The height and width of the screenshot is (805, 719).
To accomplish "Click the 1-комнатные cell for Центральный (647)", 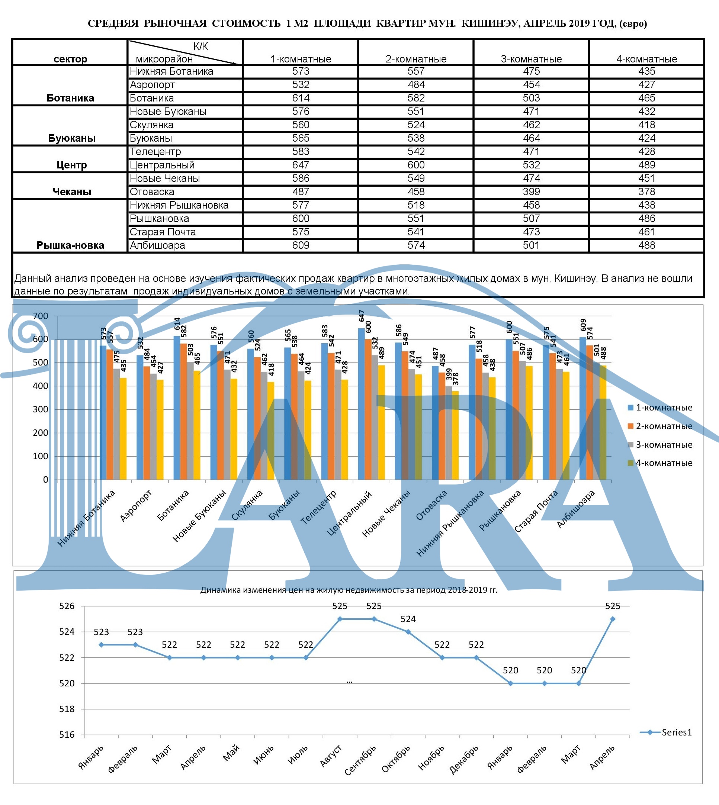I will tap(301, 165).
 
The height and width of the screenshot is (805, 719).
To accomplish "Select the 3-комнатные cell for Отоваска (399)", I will tap(532, 192).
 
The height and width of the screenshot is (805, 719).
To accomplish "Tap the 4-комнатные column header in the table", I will tap(647, 59).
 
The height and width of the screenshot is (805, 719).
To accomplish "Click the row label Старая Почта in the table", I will tap(163, 232).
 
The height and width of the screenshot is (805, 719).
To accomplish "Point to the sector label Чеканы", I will tap(71, 192).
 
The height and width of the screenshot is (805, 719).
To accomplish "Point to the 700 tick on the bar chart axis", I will tap(40, 316).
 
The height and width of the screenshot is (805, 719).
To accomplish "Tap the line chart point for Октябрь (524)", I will tap(408, 632).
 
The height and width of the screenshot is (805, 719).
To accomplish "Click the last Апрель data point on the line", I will tap(613, 619).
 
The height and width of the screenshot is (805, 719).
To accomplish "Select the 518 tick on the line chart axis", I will tap(67, 709).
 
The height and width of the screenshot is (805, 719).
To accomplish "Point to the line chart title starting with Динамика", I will tap(349, 590).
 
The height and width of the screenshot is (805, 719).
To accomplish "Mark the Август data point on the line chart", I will tap(340, 619).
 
